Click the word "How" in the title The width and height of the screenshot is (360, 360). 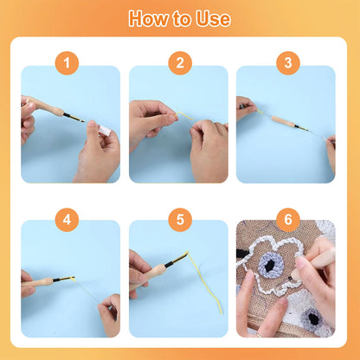coord(149,18)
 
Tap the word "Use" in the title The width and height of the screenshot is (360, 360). coord(213,19)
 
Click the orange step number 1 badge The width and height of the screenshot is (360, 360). coord(67,63)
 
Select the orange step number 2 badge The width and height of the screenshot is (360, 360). coord(180,63)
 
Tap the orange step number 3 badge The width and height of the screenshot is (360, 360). coord(288,63)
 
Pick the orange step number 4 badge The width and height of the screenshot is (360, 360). coord(67,220)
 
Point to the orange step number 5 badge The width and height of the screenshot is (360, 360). coord(180,220)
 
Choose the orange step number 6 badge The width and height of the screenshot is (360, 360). coord(288,220)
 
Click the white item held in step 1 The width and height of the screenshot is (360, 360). coord(105,131)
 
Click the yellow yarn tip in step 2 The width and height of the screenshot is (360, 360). coord(184,115)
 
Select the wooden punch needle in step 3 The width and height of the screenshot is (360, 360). coord(288,123)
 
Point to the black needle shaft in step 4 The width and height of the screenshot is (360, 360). coord(62,279)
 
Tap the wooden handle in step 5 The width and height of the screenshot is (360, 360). coord(149,275)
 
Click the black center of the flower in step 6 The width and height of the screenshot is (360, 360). coord(269,267)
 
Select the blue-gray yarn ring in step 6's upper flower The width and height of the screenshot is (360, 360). coord(270,266)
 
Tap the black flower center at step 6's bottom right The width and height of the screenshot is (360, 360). coord(313,319)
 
